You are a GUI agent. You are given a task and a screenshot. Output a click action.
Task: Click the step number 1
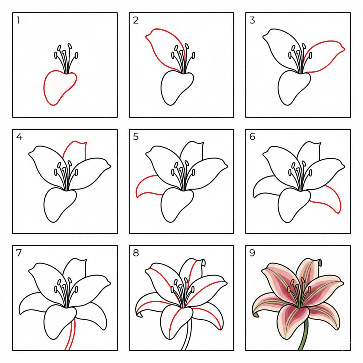(18, 20)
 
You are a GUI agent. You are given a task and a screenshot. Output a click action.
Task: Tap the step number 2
(136, 20)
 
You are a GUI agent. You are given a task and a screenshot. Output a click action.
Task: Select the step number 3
(252, 20)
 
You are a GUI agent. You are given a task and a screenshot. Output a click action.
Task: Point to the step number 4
(19, 137)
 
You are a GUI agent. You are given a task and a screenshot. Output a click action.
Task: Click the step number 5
(136, 137)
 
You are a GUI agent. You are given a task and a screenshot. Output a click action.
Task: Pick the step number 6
(252, 137)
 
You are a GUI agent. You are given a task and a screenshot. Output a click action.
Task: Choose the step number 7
(19, 253)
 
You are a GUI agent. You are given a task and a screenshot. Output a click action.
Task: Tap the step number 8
(136, 253)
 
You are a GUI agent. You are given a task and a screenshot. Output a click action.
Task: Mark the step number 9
(252, 253)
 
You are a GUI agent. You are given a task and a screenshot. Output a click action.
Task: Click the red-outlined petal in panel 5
(148, 185)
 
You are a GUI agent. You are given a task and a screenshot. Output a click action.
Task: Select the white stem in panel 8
(187, 333)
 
